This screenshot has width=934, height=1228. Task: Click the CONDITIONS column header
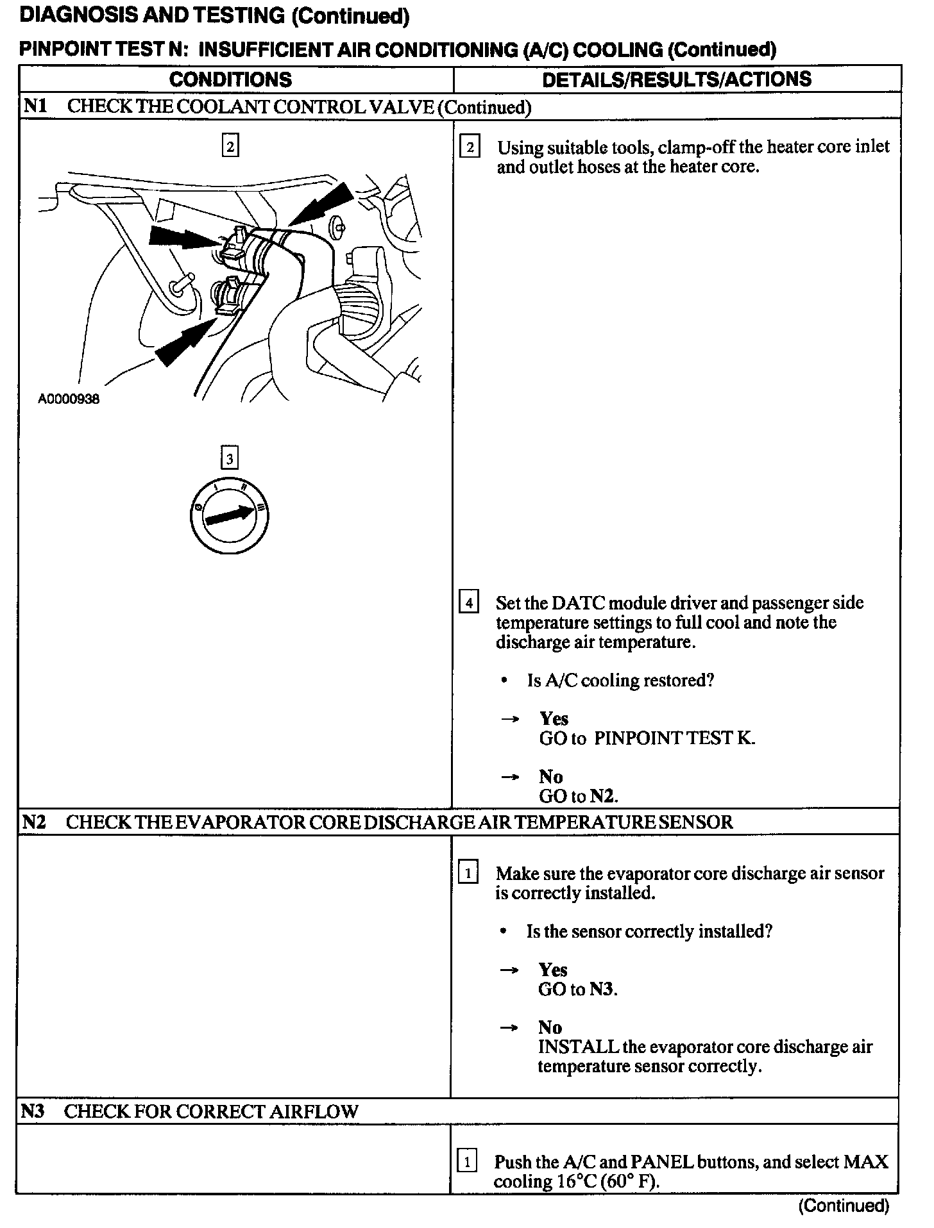(230, 79)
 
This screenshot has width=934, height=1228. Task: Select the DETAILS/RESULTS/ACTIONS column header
(677, 79)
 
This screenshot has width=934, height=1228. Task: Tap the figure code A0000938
(69, 399)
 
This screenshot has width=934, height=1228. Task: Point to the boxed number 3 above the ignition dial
(229, 458)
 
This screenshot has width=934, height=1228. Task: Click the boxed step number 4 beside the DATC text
(469, 603)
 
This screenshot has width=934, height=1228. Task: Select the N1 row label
(35, 106)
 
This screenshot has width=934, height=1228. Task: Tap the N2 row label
(34, 822)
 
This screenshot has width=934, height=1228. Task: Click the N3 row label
(33, 1111)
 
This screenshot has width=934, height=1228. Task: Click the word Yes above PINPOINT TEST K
(554, 718)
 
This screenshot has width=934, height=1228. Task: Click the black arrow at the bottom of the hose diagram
(183, 344)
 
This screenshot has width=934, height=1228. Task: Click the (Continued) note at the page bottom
(844, 1206)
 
